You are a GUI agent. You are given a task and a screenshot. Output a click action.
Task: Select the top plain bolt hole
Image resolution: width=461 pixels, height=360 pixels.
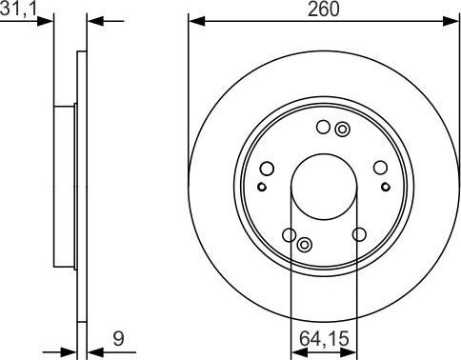(324, 127)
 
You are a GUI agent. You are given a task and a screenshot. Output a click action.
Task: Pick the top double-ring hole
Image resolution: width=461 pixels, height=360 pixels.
(343, 130)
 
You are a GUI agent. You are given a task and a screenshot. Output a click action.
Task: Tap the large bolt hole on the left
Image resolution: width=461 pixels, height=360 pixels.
(268, 170)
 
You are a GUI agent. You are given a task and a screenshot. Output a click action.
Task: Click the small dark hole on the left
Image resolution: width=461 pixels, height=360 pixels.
(263, 187)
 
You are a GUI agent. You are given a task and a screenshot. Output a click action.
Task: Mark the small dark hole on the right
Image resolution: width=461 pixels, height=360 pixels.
(386, 187)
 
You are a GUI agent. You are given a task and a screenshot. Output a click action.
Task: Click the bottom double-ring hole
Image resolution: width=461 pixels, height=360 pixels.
(305, 247)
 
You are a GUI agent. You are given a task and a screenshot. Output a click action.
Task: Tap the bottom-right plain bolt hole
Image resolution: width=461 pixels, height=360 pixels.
(359, 235)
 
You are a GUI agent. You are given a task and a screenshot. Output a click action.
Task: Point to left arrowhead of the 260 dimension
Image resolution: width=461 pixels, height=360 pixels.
(193, 20)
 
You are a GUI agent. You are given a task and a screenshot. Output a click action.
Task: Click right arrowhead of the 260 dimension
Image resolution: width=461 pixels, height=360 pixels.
(454, 20)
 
